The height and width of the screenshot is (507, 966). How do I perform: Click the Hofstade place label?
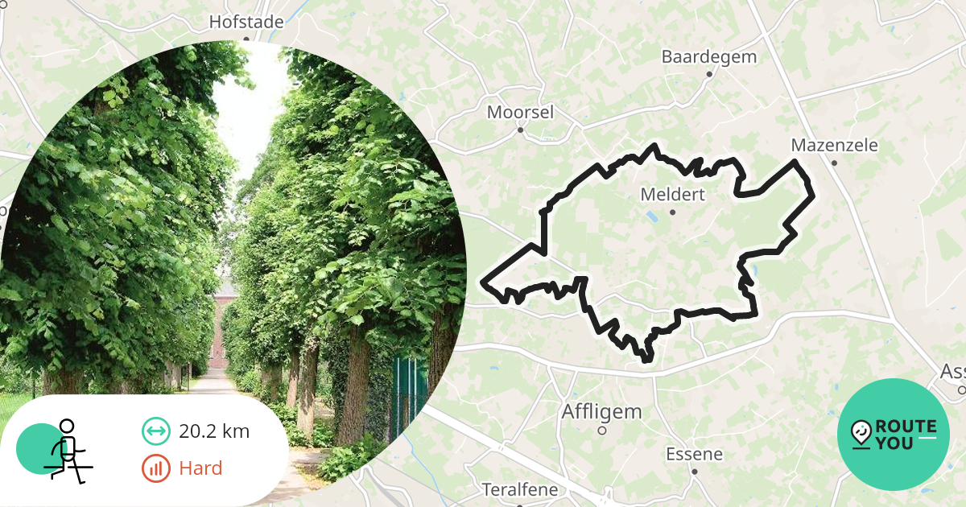246,22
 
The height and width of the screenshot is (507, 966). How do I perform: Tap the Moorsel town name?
520,112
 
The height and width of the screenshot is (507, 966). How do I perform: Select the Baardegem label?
709,56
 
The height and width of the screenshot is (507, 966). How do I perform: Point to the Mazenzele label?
834,146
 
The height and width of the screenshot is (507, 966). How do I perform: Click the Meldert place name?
672,195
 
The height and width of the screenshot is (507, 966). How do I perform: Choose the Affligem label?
601,412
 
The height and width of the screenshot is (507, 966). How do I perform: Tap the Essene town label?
694,454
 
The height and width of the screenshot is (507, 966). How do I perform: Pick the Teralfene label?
518,489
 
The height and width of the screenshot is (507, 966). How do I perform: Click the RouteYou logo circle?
894,434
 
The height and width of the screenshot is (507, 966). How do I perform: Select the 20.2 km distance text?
214,431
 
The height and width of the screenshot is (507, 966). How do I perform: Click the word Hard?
200,468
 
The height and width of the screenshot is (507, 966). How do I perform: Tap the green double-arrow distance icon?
155,431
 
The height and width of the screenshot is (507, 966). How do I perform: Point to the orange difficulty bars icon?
155,468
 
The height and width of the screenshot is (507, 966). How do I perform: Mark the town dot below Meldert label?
672,212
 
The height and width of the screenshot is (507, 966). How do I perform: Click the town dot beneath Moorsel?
520,130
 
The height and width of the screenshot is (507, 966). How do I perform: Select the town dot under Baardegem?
709,74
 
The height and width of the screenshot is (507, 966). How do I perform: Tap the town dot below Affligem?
601,431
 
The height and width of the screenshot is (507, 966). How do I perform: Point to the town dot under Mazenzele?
834,163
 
